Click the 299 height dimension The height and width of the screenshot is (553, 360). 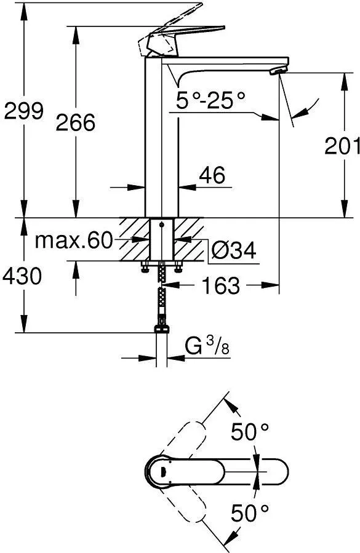[x=23, y=111]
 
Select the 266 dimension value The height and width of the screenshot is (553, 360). [x=76, y=122]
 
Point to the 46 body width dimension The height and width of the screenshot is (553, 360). [x=212, y=175]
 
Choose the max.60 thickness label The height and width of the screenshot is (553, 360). [x=74, y=241]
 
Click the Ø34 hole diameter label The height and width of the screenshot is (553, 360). [x=234, y=250]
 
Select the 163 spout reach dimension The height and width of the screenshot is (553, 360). [x=220, y=285]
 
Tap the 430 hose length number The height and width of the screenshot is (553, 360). [x=22, y=276]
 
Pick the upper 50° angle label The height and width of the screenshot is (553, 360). [x=250, y=431]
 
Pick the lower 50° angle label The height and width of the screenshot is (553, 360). [x=250, y=513]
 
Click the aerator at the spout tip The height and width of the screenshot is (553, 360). [x=277, y=71]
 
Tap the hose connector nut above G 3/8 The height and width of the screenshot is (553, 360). [x=162, y=329]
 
